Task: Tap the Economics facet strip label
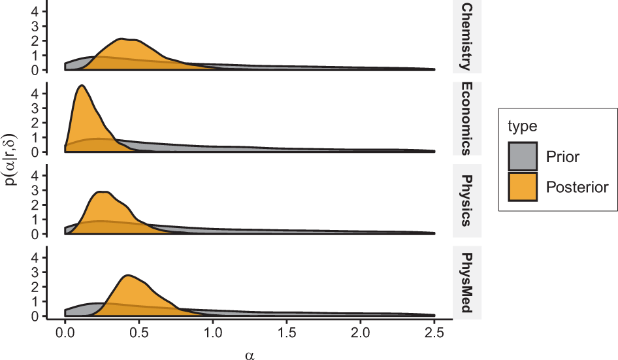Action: tap(466, 118)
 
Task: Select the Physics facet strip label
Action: tap(466, 200)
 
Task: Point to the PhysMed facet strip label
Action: tap(466, 282)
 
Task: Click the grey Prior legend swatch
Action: tap(523, 157)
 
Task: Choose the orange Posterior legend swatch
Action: tap(523, 187)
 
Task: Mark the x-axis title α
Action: tap(249, 353)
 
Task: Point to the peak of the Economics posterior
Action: tap(80, 86)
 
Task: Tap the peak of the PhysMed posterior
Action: tap(128, 275)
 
